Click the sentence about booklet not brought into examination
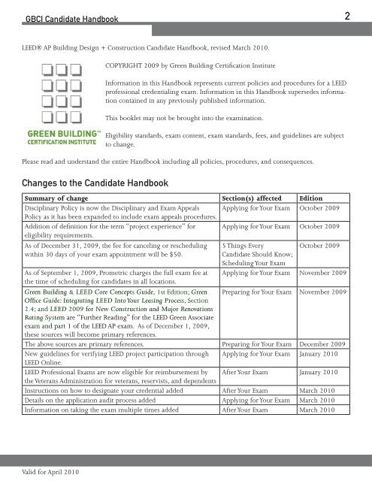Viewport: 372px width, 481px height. click(195, 119)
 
